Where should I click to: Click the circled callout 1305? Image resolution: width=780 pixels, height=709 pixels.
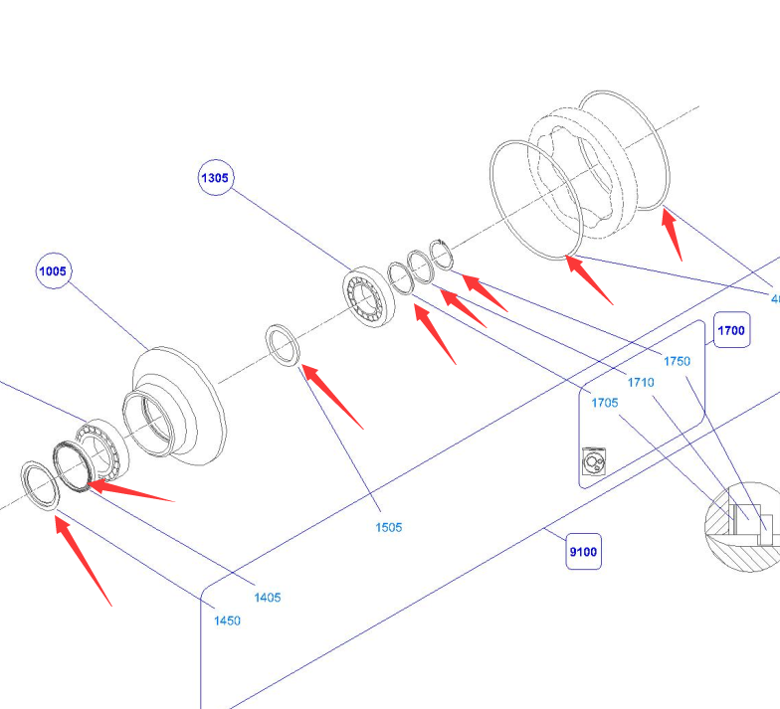pyautogui.click(x=215, y=179)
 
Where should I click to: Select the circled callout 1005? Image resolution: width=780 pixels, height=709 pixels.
pyautogui.click(x=54, y=270)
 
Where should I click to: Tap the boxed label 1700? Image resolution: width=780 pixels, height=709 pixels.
pyautogui.click(x=731, y=330)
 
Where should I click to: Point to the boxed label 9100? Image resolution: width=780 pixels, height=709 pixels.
pyautogui.click(x=584, y=551)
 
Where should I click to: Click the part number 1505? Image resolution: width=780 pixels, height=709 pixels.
pyautogui.click(x=389, y=527)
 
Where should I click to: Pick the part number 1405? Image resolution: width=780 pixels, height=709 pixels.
pyautogui.click(x=267, y=598)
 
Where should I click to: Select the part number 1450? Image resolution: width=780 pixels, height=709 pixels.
pyautogui.click(x=227, y=620)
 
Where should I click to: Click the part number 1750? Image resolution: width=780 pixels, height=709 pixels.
pyautogui.click(x=677, y=361)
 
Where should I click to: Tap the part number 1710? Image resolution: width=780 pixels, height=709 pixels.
pyautogui.click(x=641, y=382)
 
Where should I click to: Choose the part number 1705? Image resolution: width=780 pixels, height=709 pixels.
pyautogui.click(x=605, y=403)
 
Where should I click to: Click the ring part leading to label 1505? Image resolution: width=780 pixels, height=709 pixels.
pyautogui.click(x=283, y=344)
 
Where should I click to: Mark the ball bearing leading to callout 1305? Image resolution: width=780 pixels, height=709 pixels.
pyautogui.click(x=369, y=295)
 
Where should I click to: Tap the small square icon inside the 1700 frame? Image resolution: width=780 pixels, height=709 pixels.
pyautogui.click(x=593, y=463)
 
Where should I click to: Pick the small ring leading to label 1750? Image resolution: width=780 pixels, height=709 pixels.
pyautogui.click(x=442, y=254)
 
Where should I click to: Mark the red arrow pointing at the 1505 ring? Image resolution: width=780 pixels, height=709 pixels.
pyautogui.click(x=332, y=397)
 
